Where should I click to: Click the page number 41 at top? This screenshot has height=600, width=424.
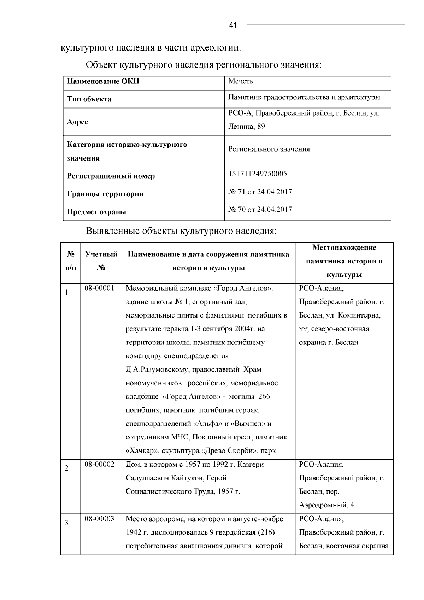pos(233,25)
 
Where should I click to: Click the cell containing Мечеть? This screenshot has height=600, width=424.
pos(241,81)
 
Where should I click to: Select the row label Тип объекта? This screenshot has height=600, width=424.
pos(89,99)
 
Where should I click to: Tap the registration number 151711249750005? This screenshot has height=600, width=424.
pos(258,174)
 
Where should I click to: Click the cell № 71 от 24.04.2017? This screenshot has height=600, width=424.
pos(260,192)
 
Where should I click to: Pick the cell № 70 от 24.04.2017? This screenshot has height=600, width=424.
pos(260,209)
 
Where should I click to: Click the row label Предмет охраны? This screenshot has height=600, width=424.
pos(96,212)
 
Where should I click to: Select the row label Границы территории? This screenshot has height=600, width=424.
pos(105,194)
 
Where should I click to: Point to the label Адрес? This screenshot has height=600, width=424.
pos(77,122)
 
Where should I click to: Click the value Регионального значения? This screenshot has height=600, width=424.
pos(269,149)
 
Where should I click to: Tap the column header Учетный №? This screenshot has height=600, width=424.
pos(101,261)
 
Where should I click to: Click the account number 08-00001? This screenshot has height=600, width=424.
pos(99,288)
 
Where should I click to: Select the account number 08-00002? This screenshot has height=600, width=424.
pos(99,464)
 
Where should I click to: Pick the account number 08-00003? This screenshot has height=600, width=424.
pos(99,519)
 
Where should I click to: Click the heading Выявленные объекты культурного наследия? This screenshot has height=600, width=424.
pos(181,231)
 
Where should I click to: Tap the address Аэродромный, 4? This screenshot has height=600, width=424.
pos(326,505)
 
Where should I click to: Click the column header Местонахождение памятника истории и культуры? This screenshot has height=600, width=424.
pos(344,261)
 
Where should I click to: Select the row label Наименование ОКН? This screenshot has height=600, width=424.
pos(103,81)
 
